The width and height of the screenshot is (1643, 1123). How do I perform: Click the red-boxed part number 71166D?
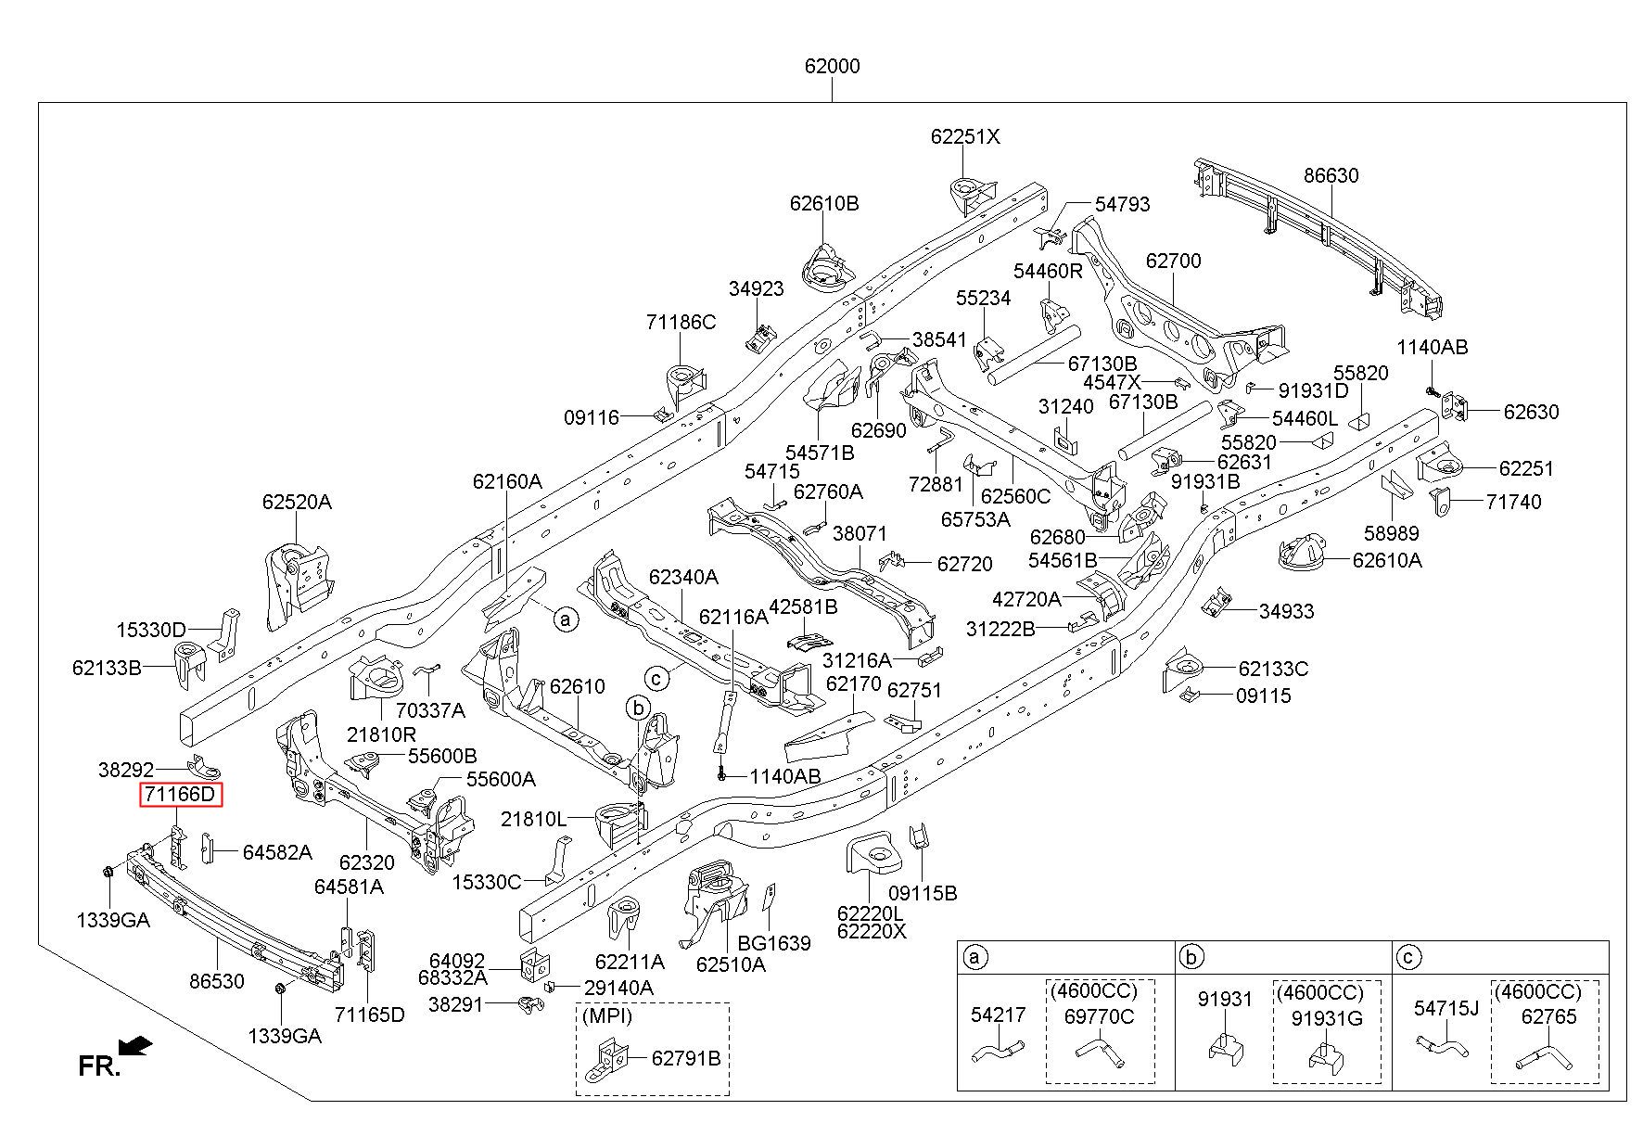pos(181,795)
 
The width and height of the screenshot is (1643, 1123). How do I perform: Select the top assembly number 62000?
pos(832,67)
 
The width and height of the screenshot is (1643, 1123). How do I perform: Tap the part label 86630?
pos(1331,175)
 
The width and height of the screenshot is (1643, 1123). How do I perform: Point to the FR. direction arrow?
pos(137,1046)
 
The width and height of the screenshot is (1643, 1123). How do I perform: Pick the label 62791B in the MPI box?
pos(685,1058)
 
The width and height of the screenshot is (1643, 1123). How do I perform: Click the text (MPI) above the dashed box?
pos(606,1015)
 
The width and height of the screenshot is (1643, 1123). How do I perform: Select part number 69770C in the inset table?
pos(1099,1016)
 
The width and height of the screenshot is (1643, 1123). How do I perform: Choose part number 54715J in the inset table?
pos(1446,1008)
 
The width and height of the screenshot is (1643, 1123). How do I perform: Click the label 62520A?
pos(297,502)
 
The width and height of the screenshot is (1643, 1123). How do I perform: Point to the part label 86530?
pos(217,981)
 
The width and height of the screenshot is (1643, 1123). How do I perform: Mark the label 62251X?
pos(965,136)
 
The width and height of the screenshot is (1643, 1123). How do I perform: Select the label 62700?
pos(1173,261)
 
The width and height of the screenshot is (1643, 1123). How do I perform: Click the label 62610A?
pos(1387,559)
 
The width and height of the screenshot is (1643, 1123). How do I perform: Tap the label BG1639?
pos(774,943)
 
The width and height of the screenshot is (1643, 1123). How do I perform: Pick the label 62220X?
pos(871,931)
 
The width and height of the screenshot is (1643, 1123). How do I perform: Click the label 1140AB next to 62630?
pos(1433,347)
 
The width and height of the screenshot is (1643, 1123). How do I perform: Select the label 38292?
pos(126,769)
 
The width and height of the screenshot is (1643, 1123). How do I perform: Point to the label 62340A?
pos(683,577)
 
